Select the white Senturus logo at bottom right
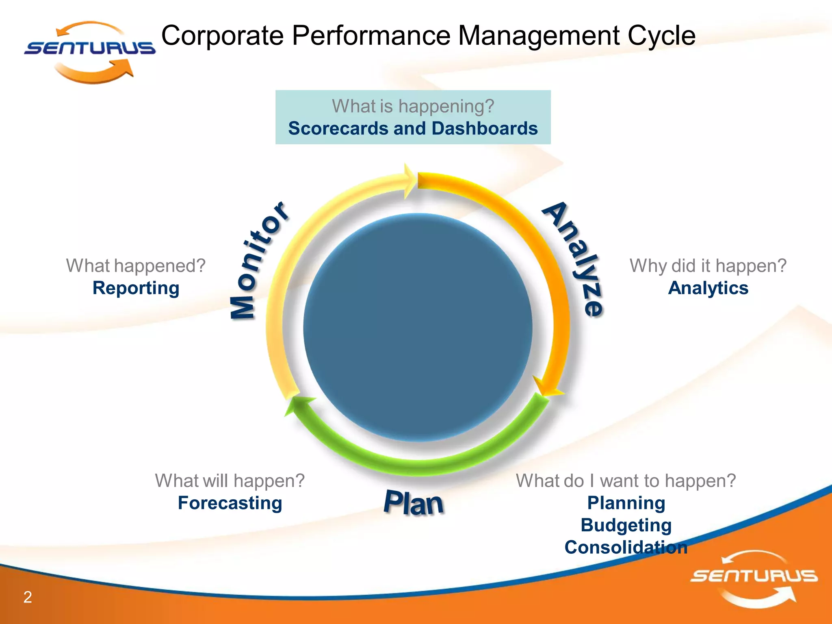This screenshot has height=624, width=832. point(754,578)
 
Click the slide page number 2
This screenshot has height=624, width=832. point(28,597)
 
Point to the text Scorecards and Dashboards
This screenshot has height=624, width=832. point(413,128)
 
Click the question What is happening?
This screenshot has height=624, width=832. point(413,106)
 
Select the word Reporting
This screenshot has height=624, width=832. point(136,288)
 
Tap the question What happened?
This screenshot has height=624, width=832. point(136,266)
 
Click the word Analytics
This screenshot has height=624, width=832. point(708,288)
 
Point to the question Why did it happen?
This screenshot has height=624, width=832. point(708,266)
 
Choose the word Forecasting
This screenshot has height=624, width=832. point(230,503)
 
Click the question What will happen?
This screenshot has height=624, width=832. point(230,481)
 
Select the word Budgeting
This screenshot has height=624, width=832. point(626,525)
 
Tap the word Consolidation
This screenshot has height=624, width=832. point(626,548)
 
